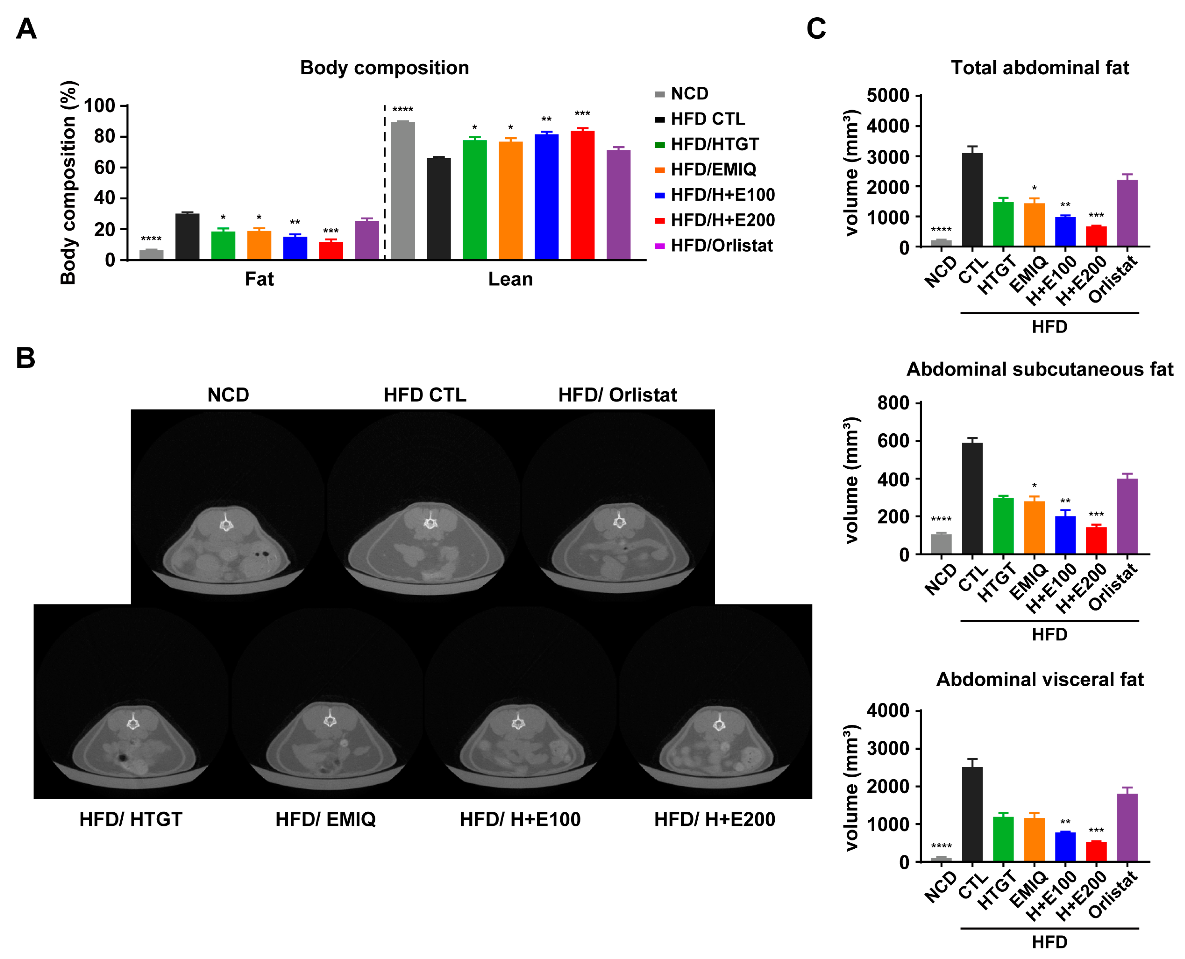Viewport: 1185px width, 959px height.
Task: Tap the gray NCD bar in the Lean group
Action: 403,190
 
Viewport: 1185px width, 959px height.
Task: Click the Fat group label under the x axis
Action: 259,279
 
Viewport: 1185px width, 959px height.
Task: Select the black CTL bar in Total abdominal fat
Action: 972,200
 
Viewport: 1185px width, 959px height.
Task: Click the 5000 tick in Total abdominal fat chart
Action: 888,96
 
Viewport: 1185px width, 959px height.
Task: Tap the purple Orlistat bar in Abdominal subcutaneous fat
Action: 1127,516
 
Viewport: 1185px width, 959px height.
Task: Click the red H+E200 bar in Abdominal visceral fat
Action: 1096,852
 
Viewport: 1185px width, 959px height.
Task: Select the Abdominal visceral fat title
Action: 1040,679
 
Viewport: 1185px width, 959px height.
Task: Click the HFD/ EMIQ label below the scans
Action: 325,819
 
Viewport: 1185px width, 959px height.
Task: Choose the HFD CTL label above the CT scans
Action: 425,395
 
